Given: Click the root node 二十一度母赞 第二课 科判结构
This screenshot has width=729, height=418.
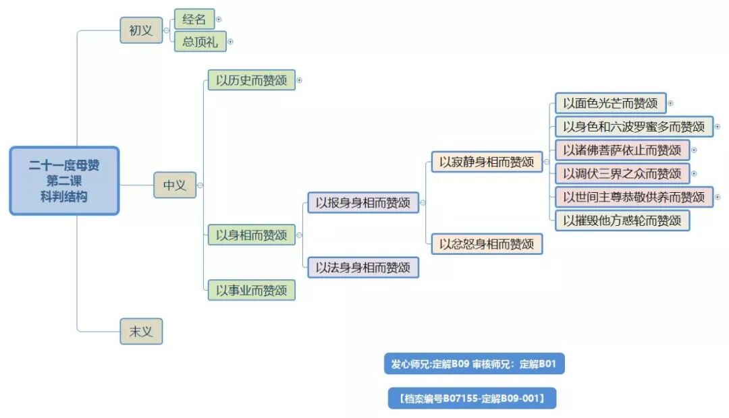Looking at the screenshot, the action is [64, 181].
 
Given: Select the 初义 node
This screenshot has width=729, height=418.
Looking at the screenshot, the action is [141, 30].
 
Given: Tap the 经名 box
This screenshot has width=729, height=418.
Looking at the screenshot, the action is [194, 19].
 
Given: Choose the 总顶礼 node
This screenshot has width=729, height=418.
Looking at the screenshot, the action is [199, 41].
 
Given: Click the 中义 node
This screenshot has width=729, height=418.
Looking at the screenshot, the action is [174, 185].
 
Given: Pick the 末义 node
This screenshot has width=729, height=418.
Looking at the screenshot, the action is [141, 331].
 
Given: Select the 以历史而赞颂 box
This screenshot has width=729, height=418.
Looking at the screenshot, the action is [251, 80].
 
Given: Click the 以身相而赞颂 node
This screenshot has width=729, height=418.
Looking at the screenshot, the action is [251, 235].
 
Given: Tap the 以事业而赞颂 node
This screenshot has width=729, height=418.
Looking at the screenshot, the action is [251, 290].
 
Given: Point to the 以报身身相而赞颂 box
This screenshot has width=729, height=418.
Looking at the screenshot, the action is [363, 202].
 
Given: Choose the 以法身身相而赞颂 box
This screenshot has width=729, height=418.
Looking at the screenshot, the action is [363, 267].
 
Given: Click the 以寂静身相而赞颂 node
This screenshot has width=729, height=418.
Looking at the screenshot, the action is [487, 162].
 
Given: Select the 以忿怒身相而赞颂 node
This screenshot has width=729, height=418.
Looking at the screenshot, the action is [487, 243].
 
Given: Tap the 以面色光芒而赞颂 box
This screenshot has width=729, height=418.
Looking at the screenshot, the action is [610, 103].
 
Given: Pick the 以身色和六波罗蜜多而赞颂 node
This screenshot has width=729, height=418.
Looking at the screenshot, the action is [634, 126].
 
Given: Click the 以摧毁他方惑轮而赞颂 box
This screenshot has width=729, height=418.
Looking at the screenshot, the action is [622, 220].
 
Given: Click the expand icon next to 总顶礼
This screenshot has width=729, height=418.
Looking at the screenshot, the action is [230, 42].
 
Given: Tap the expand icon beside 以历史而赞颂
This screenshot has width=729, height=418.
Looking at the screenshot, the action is [299, 80].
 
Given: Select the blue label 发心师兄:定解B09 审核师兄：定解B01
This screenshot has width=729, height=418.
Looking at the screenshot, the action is [474, 364].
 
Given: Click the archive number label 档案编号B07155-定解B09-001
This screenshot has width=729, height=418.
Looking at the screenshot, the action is [472, 398].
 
